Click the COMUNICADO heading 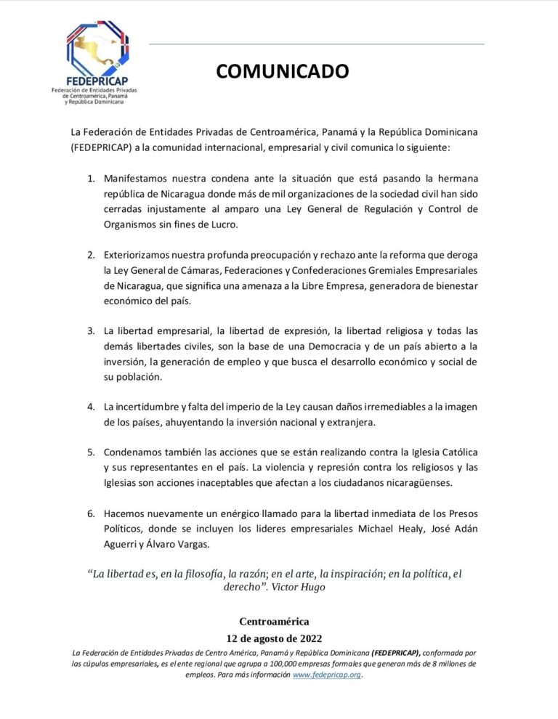coord(282,71)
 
